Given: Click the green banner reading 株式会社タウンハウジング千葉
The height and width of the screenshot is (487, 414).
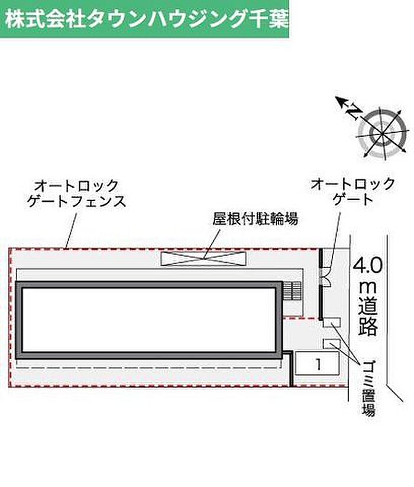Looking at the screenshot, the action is [x=145, y=18].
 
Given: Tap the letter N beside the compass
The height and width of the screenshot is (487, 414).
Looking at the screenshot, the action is [x=354, y=112].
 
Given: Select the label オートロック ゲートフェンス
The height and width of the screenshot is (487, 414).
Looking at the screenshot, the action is [x=77, y=193].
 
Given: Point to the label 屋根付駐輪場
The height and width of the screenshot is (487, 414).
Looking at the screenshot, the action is [x=255, y=219].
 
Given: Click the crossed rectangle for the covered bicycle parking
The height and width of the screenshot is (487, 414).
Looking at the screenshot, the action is [x=203, y=259].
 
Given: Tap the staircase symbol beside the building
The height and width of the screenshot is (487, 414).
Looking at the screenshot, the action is [x=292, y=291].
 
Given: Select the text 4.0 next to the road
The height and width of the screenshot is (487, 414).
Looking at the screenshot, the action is [x=368, y=266].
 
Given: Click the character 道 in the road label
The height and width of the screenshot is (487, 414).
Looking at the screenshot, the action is [x=368, y=307].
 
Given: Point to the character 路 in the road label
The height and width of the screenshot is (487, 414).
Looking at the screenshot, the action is [x=368, y=326].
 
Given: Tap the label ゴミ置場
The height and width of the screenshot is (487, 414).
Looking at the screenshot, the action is [x=368, y=388].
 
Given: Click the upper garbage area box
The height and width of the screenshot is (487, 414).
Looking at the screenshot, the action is [x=332, y=322].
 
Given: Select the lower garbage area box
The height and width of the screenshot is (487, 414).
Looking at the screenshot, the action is [x=332, y=344].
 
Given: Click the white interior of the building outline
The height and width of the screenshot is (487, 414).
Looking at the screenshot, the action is [x=149, y=320].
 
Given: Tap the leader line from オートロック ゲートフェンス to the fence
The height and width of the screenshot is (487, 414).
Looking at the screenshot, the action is [x=71, y=231].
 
